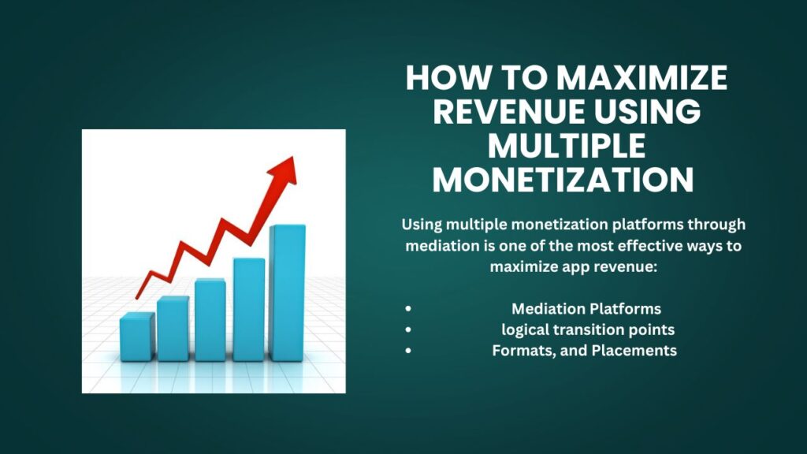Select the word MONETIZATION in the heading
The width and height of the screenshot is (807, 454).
click(x=563, y=179)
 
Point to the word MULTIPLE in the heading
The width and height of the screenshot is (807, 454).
click(x=566, y=146)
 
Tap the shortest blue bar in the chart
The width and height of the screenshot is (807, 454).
click(x=136, y=337)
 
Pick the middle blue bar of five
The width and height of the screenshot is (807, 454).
click(x=210, y=319)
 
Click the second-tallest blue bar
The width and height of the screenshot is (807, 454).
click(x=248, y=309)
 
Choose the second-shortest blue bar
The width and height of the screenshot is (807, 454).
click(x=173, y=328)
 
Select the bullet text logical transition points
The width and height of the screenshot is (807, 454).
click(x=587, y=329)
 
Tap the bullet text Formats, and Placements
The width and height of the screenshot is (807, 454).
click(x=584, y=351)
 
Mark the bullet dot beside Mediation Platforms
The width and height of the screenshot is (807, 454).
click(x=407, y=309)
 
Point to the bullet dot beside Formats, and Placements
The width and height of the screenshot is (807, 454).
click(x=407, y=352)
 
